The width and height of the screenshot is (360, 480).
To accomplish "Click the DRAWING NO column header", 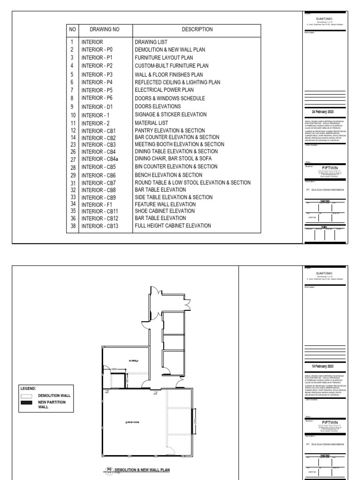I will [x=105, y=30].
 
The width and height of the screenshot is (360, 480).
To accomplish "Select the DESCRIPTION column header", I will [x=197, y=30].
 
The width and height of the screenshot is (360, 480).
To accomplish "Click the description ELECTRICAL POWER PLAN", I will [x=165, y=90].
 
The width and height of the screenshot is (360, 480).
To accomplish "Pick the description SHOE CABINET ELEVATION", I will [x=165, y=211].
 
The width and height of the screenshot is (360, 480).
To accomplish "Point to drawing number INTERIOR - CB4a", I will [x=100, y=159].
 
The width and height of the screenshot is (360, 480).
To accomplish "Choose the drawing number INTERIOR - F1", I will [x=97, y=204].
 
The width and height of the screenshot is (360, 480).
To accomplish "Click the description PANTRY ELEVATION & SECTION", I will [x=170, y=130].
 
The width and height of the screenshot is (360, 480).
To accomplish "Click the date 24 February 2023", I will [x=322, y=112].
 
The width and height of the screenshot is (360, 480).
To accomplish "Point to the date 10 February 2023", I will [x=322, y=366].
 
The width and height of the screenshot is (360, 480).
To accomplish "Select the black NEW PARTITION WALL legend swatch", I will [x=27, y=403].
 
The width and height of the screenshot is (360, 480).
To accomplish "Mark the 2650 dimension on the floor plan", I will [x=114, y=370].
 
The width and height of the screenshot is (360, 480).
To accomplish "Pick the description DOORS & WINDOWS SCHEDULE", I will [x=170, y=98].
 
